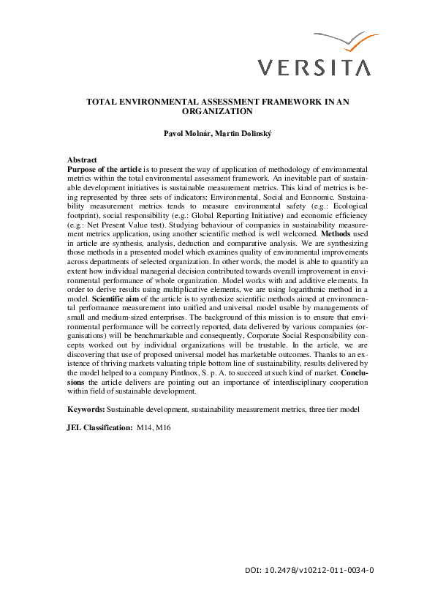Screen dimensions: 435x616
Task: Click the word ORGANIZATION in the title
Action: click(x=217, y=112)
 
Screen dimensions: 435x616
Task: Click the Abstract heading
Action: click(x=82, y=159)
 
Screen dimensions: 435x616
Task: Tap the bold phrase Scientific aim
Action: click(x=121, y=298)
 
